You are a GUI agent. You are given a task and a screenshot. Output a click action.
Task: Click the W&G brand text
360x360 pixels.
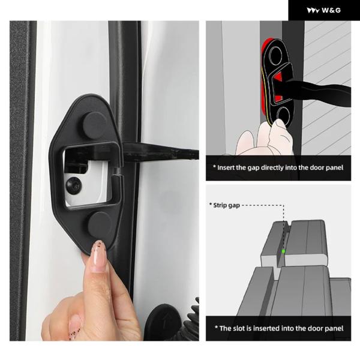click(x=331, y=10)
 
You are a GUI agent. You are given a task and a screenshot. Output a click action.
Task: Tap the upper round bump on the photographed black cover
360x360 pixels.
click(x=95, y=125)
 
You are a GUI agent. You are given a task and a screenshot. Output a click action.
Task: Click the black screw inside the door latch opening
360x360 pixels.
click(x=73, y=184)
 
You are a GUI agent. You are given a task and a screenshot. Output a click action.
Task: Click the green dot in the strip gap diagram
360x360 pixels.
click(x=283, y=251)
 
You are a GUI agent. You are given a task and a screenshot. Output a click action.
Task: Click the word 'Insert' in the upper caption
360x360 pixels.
click(x=226, y=167)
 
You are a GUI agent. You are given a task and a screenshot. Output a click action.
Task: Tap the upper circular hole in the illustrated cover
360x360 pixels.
click(x=275, y=56)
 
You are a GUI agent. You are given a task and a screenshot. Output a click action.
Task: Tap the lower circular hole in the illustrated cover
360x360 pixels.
click(x=283, y=115)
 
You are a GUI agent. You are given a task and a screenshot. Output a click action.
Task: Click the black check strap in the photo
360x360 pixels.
click(x=161, y=152)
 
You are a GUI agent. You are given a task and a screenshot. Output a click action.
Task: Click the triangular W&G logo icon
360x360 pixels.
click(x=313, y=10)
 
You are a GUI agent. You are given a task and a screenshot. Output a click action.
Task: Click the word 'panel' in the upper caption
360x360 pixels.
click(x=334, y=167)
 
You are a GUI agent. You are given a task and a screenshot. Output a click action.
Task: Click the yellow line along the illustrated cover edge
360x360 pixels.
click(x=265, y=97)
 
